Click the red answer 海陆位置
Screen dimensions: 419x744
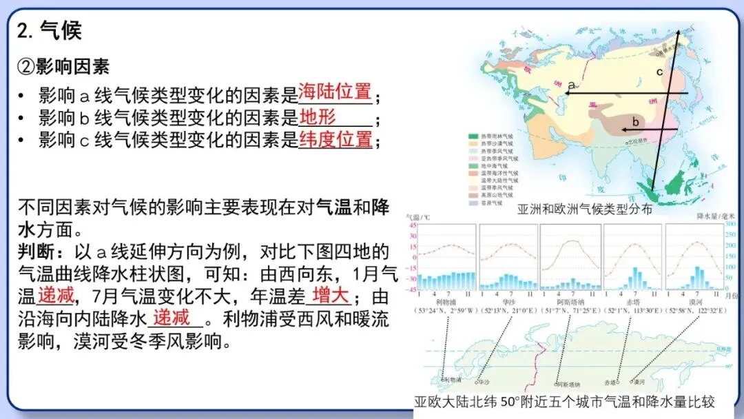[x=335, y=92]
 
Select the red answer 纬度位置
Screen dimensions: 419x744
[x=335, y=139]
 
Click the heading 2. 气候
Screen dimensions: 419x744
[x=50, y=30]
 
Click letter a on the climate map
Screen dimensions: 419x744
[x=571, y=85]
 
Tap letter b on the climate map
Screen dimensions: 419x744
[x=636, y=122]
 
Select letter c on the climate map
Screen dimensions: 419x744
[x=659, y=72]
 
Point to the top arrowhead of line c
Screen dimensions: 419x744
[x=676, y=30]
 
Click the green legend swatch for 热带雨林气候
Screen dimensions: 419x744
[x=473, y=136]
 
